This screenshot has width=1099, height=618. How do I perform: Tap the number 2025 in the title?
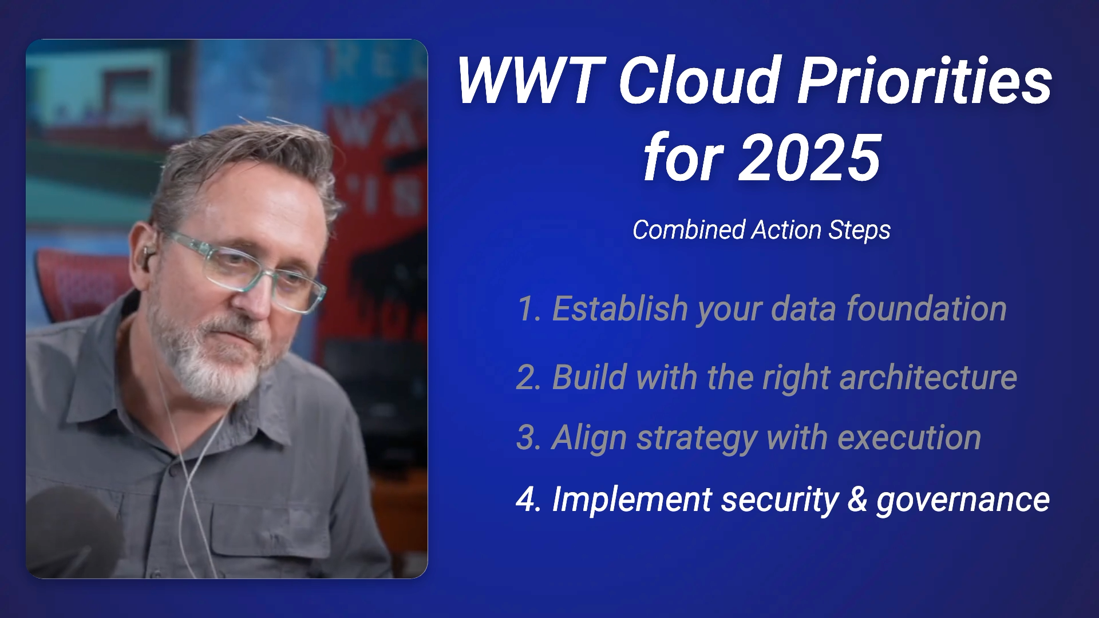[x=810, y=157]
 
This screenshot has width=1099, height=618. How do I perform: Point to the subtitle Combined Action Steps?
[x=761, y=230]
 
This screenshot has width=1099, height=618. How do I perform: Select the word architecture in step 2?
[x=928, y=377]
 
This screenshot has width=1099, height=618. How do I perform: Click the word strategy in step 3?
[x=697, y=439]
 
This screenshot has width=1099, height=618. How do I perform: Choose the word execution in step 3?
[x=909, y=438]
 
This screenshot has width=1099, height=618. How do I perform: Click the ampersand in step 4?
[x=857, y=500]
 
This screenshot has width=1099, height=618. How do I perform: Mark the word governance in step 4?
[x=963, y=501]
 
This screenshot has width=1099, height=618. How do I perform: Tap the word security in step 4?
[x=780, y=501]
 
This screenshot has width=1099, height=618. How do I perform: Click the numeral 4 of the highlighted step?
[x=525, y=500]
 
